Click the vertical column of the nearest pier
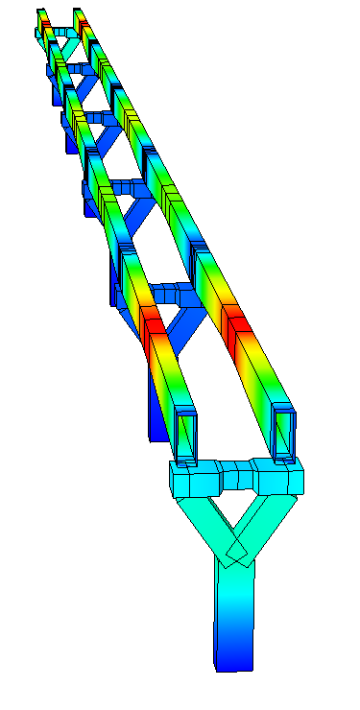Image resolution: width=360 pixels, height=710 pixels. click(234, 614)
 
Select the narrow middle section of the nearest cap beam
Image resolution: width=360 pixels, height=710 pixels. click(236, 473)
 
